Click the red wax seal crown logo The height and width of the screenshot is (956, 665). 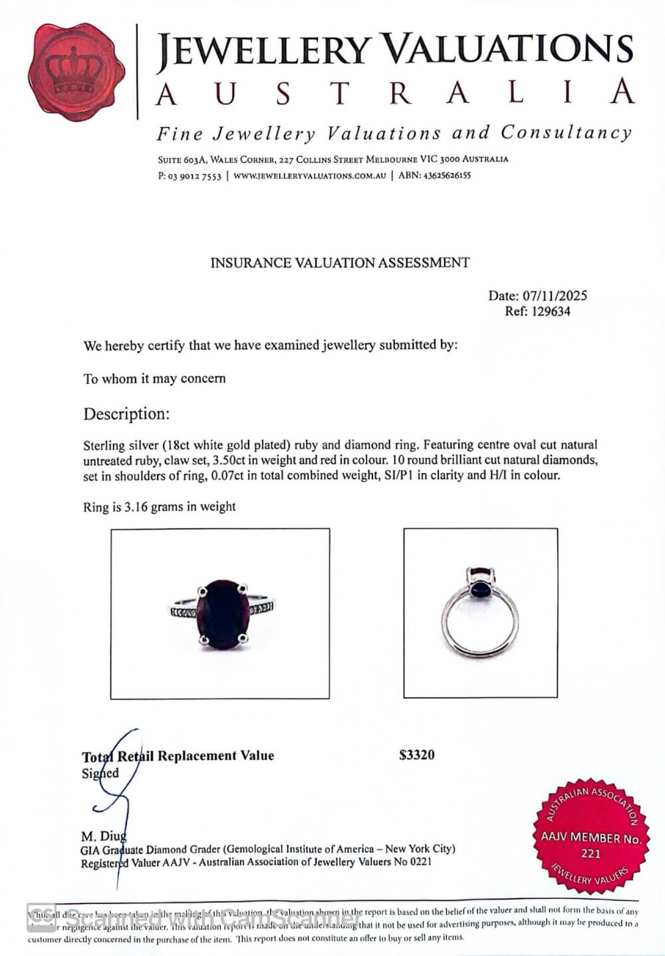[76, 72]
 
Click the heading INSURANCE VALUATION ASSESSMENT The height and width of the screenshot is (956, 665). [340, 263]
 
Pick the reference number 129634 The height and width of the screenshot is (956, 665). [550, 311]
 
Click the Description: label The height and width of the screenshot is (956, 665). [126, 414]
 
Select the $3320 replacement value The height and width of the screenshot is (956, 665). [417, 755]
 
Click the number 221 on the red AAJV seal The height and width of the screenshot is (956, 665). [591, 854]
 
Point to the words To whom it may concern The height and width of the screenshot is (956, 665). [154, 379]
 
